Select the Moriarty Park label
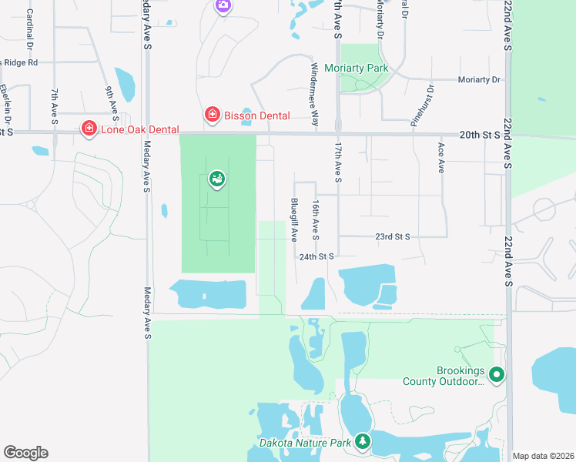(x=355, y=68)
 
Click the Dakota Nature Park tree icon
(x=363, y=441)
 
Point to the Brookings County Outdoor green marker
(x=497, y=375)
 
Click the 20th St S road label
(x=480, y=134)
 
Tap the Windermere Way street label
(x=314, y=95)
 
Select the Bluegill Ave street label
(x=294, y=220)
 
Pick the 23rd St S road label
(x=393, y=236)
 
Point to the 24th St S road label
(x=317, y=256)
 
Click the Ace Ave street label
(x=441, y=157)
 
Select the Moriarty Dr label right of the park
(x=479, y=79)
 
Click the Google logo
(x=25, y=453)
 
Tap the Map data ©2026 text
(x=543, y=455)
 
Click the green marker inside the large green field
(x=217, y=179)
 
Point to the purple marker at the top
(x=223, y=6)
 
